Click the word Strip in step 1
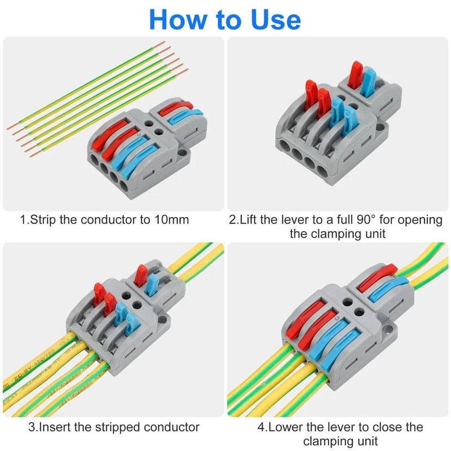coord(43,219)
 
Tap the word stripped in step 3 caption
coord(122,427)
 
